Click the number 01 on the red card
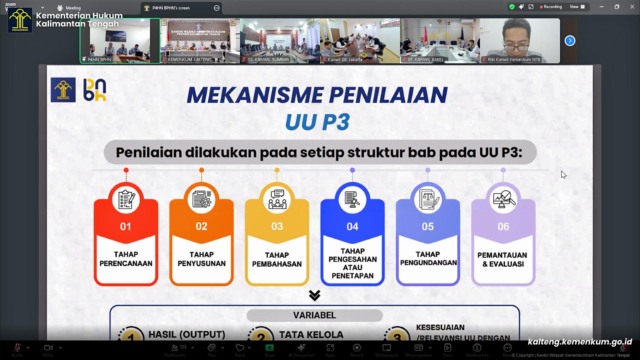click(126, 227)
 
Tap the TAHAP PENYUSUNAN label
click(201, 259)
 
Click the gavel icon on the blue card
click(352, 200)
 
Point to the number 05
click(428, 227)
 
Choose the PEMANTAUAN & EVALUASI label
click(502, 259)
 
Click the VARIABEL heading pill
click(314, 315)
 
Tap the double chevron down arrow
click(314, 295)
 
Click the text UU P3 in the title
click(317, 122)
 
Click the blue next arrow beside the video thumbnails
click(570, 41)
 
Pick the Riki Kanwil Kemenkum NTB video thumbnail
click(520, 41)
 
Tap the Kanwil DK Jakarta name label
click(345, 60)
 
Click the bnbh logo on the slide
click(95, 90)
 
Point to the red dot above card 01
click(126, 170)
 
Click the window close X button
click(632, 7)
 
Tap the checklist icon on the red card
click(126, 199)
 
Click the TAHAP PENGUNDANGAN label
click(428, 258)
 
